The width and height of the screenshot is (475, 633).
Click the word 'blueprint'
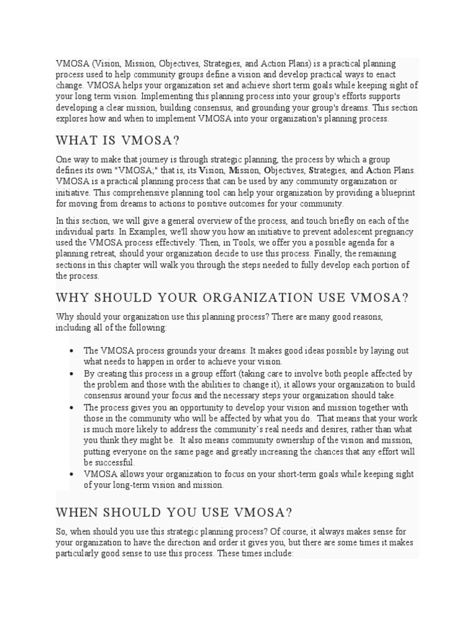(x=394, y=192)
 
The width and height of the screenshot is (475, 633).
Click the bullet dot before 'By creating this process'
(x=72, y=374)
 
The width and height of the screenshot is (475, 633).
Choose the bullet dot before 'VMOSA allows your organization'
(x=72, y=474)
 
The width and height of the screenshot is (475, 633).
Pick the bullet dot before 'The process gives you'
(x=72, y=407)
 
